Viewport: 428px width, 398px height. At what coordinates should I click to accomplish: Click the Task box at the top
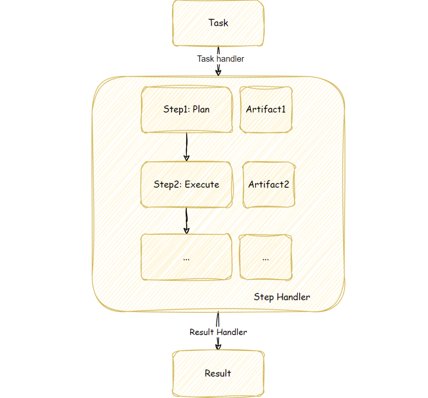coord(218,23)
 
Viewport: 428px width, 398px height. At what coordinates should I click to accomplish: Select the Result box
coord(218,373)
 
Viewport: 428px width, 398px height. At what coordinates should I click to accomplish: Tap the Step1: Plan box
coord(186,110)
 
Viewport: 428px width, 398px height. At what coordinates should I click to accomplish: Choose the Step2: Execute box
coord(186,184)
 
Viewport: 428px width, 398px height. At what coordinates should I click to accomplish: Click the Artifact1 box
coord(266,110)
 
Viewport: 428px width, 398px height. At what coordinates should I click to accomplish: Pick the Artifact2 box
coord(269,184)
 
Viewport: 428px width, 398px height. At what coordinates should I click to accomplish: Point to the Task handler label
coord(221,59)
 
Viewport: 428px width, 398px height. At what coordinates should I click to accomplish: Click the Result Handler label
coord(218,332)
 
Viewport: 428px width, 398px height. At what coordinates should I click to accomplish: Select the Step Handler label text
coord(282,297)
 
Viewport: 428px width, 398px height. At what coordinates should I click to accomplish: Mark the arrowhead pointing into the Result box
coord(218,346)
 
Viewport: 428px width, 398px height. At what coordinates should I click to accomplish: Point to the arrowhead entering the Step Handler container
coord(218,72)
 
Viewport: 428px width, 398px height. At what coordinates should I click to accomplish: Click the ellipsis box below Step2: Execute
coord(186,257)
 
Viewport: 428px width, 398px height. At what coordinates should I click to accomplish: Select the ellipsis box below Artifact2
coord(265,257)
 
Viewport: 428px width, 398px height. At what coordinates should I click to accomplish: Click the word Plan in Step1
coord(201,110)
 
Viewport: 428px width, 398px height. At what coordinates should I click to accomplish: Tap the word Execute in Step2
coord(202,184)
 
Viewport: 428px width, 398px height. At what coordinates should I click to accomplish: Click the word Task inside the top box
coord(218,23)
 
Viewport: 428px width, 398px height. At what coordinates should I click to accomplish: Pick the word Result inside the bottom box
coord(218,373)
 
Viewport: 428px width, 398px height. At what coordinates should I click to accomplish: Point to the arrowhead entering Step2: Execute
coord(186,158)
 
